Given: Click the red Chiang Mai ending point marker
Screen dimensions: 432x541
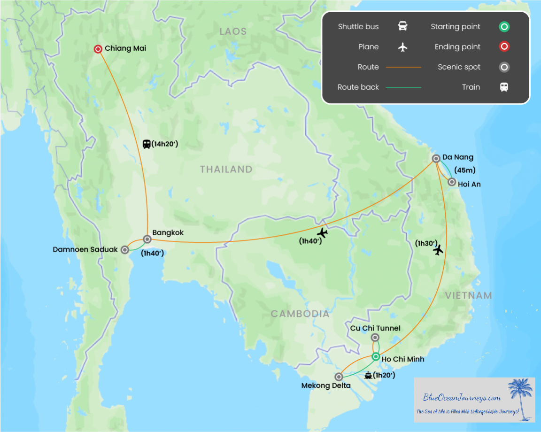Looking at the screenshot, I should (x=98, y=49).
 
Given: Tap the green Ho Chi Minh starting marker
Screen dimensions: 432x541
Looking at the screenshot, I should (x=376, y=357).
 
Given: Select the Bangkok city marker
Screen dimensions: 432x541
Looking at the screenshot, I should (x=147, y=239).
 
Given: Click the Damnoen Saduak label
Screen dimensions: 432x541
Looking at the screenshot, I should (x=85, y=250).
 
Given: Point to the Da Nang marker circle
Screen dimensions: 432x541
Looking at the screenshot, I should (x=436, y=159).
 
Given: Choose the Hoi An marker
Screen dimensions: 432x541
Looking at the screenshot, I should (x=452, y=182).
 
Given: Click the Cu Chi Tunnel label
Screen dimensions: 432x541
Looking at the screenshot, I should (x=375, y=328).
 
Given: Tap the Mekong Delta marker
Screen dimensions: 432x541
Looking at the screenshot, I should (x=339, y=377).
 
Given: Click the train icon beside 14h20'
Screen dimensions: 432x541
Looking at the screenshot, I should (x=147, y=144).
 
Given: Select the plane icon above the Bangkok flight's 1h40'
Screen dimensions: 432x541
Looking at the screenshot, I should (x=322, y=232).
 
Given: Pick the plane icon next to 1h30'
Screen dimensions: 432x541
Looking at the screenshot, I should (x=438, y=250).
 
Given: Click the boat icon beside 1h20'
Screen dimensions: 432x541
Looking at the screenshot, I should (x=368, y=375).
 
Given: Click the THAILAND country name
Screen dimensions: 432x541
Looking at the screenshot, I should (x=226, y=169).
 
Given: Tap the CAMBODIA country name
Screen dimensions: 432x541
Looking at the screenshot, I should (x=300, y=314).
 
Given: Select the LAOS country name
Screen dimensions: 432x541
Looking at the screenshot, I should (x=233, y=31).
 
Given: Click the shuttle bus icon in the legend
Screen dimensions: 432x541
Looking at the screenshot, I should (x=402, y=26).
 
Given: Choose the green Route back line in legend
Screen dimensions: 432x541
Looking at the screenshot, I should (x=403, y=87).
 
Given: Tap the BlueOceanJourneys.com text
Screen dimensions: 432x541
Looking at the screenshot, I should (x=462, y=398).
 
